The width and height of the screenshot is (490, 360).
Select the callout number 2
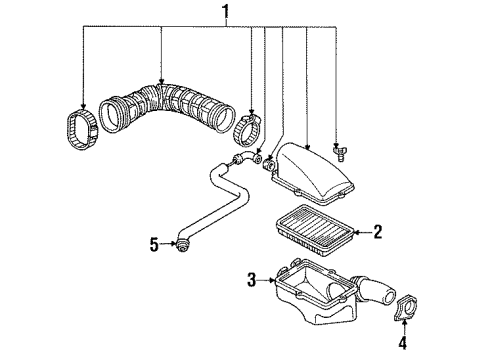pyautogui.click(x=377, y=233)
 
